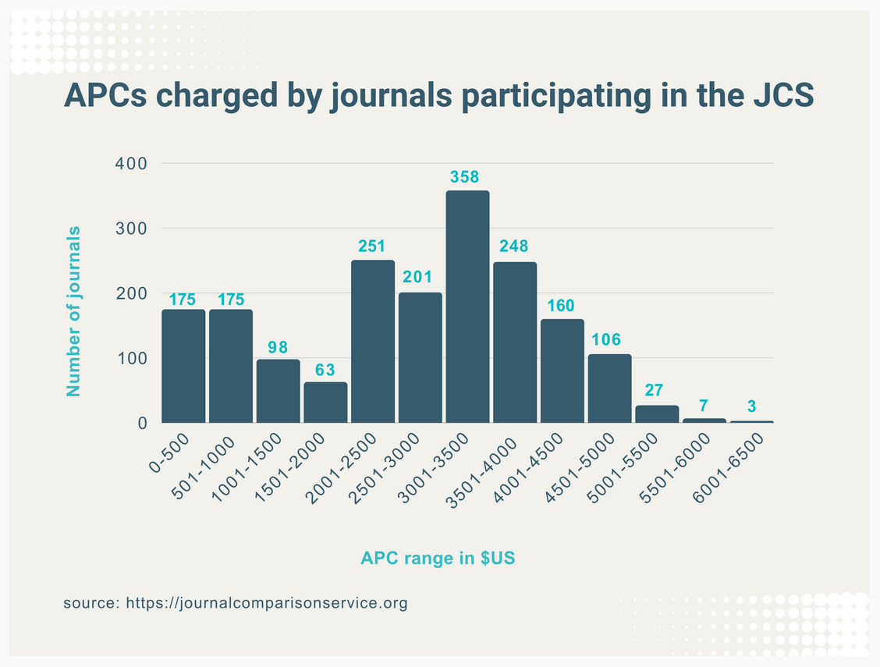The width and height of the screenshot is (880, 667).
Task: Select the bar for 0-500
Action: click(183, 366)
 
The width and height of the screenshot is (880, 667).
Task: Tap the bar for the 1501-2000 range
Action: click(325, 403)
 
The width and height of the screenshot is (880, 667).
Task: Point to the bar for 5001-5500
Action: click(657, 413)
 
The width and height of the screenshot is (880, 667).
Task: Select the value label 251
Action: click(373, 247)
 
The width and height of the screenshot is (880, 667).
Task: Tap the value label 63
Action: click(325, 369)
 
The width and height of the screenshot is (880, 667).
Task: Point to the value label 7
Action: click(704, 406)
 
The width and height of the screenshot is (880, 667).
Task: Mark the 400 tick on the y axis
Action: click(131, 164)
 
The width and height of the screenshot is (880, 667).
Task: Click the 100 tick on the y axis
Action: click(131, 359)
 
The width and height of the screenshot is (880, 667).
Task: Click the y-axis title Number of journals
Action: click(74, 310)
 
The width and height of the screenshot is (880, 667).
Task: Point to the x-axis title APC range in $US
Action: click(438, 559)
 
